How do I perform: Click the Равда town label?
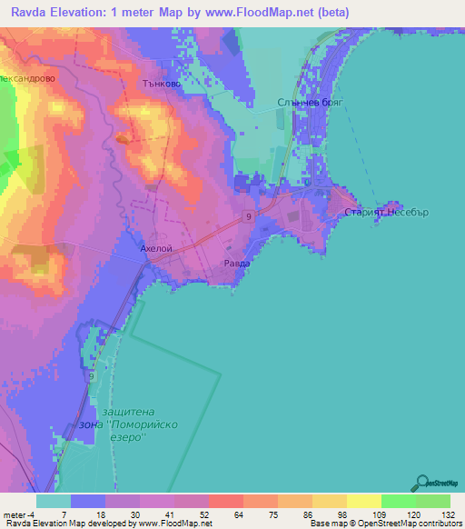(237, 264)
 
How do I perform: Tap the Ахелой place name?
(155, 247)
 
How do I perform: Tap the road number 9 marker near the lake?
(92, 374)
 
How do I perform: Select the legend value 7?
(64, 514)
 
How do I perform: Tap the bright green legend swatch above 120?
(399, 501)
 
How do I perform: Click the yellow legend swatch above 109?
(364, 501)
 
